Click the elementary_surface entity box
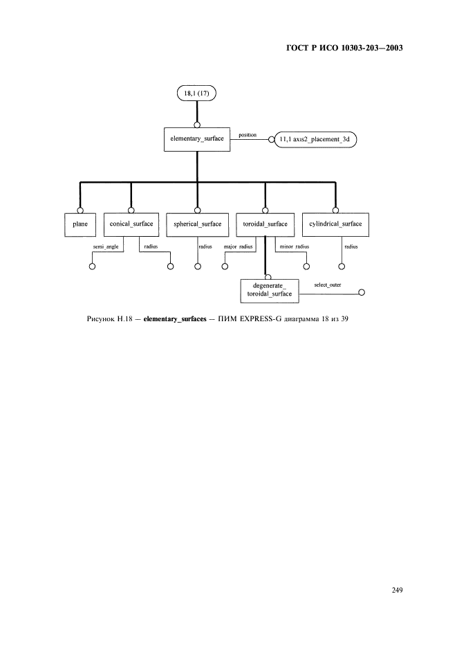point(197,139)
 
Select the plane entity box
point(80,225)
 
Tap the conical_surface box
point(131,225)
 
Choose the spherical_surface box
point(197,225)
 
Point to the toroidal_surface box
point(265,225)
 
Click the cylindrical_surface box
point(335,225)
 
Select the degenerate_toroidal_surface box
point(270,291)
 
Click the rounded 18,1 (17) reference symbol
point(197,93)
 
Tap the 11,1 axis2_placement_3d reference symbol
point(315,139)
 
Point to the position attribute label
point(248,135)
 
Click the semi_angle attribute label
point(106,246)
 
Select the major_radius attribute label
point(239,246)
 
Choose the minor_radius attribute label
point(295,246)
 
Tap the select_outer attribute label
point(328,285)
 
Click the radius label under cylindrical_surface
point(351,246)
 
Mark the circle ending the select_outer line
point(362,293)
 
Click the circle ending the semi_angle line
point(92,266)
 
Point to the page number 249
point(397,590)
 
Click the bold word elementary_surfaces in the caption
point(175,319)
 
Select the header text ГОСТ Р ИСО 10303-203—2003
point(344,48)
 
